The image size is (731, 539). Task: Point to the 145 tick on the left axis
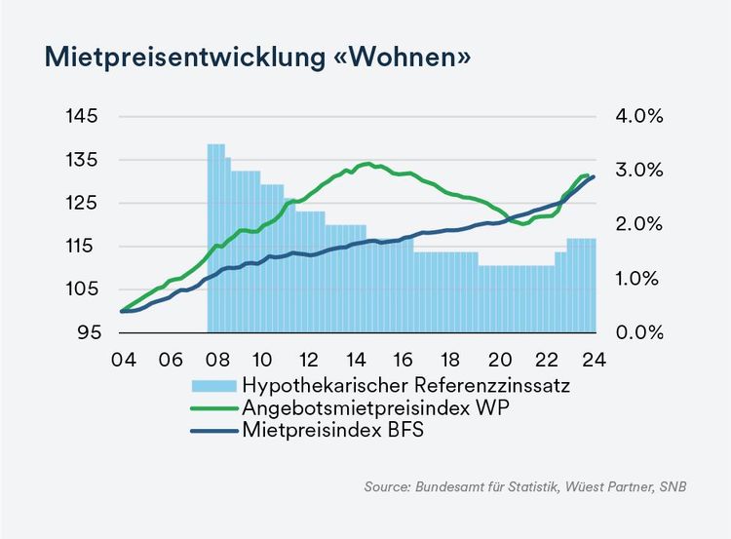pyautogui.click(x=83, y=116)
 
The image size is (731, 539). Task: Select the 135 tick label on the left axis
pyautogui.click(x=83, y=160)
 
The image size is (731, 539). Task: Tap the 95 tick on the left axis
pyautogui.click(x=88, y=332)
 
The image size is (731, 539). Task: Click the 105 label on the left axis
pyautogui.click(x=83, y=289)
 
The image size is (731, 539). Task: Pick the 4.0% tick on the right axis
pyautogui.click(x=640, y=116)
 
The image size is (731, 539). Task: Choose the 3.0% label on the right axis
pyautogui.click(x=640, y=170)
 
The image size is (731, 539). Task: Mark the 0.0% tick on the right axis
pyautogui.click(x=640, y=332)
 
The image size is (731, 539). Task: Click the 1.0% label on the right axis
pyautogui.click(x=640, y=279)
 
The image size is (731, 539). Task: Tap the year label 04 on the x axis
pyautogui.click(x=122, y=358)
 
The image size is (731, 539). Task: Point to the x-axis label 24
pyautogui.click(x=595, y=358)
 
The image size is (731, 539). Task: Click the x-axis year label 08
pyautogui.click(x=216, y=358)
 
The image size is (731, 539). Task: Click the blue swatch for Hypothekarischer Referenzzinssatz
pyautogui.click(x=213, y=384)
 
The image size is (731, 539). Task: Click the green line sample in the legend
pyautogui.click(x=213, y=407)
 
